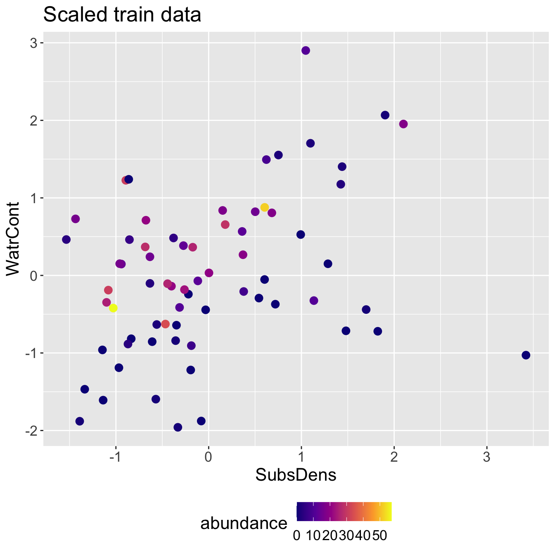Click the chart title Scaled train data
122,16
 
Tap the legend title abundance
244,523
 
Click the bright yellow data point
113,308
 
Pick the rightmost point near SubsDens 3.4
526,355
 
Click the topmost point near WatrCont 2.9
306,50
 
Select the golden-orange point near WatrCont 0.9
265,207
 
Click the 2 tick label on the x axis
394,458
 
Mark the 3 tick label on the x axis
487,458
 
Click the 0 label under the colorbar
296,536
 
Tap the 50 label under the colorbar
379,536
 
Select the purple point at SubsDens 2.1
403,124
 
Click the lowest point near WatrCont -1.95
178,427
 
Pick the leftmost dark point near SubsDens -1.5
66,240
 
